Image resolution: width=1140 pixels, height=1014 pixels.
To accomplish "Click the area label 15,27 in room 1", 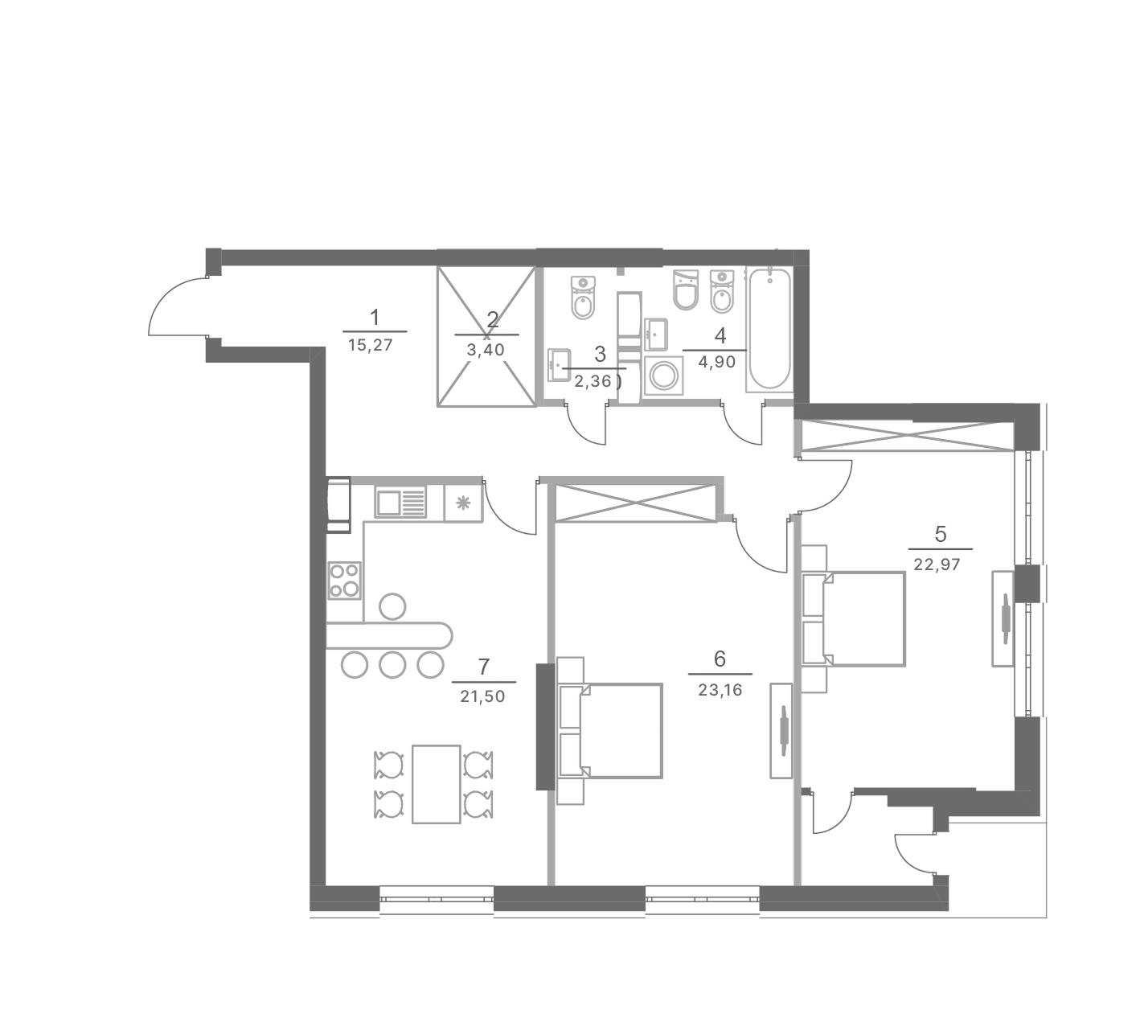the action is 370,345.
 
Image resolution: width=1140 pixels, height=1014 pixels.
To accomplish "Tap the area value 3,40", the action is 486,350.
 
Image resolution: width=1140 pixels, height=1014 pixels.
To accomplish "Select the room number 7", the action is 483,667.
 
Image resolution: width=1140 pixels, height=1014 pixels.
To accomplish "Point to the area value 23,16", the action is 720,689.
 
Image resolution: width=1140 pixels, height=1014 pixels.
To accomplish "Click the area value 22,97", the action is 937,564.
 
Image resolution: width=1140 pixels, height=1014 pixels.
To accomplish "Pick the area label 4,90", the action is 717,363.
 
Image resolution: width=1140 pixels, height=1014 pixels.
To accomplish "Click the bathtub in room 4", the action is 769,329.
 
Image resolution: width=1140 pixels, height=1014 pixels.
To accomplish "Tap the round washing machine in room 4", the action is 663,375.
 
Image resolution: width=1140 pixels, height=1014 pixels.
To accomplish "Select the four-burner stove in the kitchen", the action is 345,580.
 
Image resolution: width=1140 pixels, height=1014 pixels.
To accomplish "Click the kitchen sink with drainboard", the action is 400,503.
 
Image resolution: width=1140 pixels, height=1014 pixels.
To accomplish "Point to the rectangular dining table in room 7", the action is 436,784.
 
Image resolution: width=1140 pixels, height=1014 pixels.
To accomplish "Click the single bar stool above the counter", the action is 392,606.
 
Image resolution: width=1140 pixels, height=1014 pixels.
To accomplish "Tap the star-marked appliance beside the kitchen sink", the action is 463,503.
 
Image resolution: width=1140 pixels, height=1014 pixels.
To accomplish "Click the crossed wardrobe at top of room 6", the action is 636,503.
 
